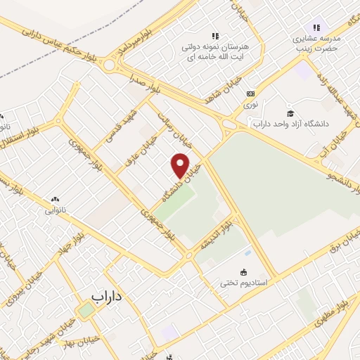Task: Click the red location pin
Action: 181,165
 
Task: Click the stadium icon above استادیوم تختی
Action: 244,273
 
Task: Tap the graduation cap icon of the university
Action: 290,113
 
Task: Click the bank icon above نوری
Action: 250,94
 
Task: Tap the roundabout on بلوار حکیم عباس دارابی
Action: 110,66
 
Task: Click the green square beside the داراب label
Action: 85,311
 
